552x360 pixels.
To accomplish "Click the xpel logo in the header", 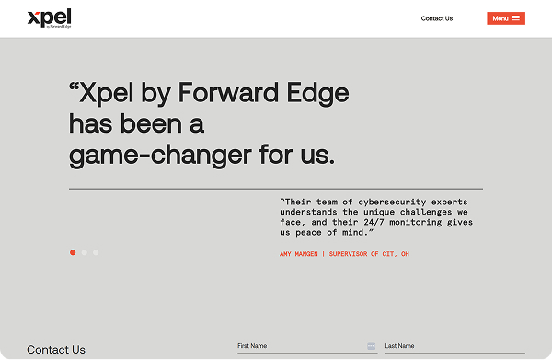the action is (50, 18).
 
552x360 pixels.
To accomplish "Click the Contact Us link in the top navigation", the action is (437, 18).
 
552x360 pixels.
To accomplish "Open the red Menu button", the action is (506, 18).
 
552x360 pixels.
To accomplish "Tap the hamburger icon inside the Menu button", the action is (516, 18).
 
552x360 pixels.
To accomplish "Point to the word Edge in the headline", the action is (317, 93).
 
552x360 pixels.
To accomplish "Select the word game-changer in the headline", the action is (160, 156).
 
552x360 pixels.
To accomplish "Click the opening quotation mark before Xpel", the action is (74, 87).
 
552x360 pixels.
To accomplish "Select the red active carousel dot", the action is (73, 252).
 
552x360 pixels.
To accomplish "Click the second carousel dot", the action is (84, 252).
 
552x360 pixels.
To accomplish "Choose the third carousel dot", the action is (96, 252).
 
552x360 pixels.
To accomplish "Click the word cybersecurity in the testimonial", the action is (392, 203).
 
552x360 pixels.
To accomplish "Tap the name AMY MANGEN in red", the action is (298, 254).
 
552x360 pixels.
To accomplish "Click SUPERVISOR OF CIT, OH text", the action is (369, 254).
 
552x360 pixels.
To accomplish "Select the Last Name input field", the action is (454, 346).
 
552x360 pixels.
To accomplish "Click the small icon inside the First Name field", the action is (371, 346).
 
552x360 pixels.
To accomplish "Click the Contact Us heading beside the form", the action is (56, 350).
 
